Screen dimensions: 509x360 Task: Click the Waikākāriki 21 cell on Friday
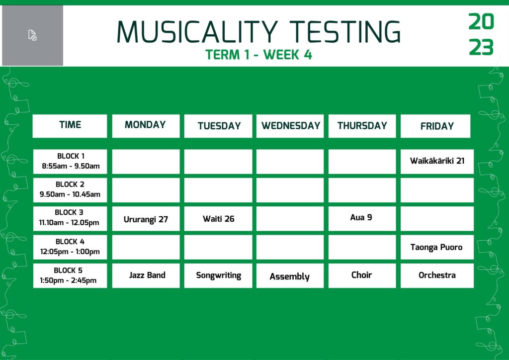coord(437,161)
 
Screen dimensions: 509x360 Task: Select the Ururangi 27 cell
coord(146,219)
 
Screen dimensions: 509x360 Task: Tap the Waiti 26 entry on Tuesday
coord(218,219)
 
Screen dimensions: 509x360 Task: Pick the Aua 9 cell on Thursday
coord(362,219)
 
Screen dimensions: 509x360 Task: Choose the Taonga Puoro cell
coord(437,247)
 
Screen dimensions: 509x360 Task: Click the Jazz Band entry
coord(146,275)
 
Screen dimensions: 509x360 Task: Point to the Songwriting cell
coord(218,275)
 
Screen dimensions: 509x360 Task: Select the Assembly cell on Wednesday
coord(290,275)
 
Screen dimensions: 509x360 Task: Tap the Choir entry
coord(362,275)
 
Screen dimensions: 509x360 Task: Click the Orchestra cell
coord(437,275)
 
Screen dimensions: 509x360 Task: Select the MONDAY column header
coord(146,126)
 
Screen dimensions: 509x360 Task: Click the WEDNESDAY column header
coord(290,126)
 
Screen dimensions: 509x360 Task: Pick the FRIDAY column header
coord(435,126)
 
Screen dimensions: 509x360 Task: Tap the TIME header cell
coord(70,126)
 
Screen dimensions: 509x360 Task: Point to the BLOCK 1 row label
coord(70,161)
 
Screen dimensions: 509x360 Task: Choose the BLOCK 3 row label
coord(70,219)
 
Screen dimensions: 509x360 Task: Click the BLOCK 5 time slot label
coord(70,275)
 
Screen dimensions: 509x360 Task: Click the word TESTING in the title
coord(345,32)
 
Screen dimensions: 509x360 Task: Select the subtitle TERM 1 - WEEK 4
coord(258,55)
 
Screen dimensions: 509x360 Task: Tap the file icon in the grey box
coord(32,35)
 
